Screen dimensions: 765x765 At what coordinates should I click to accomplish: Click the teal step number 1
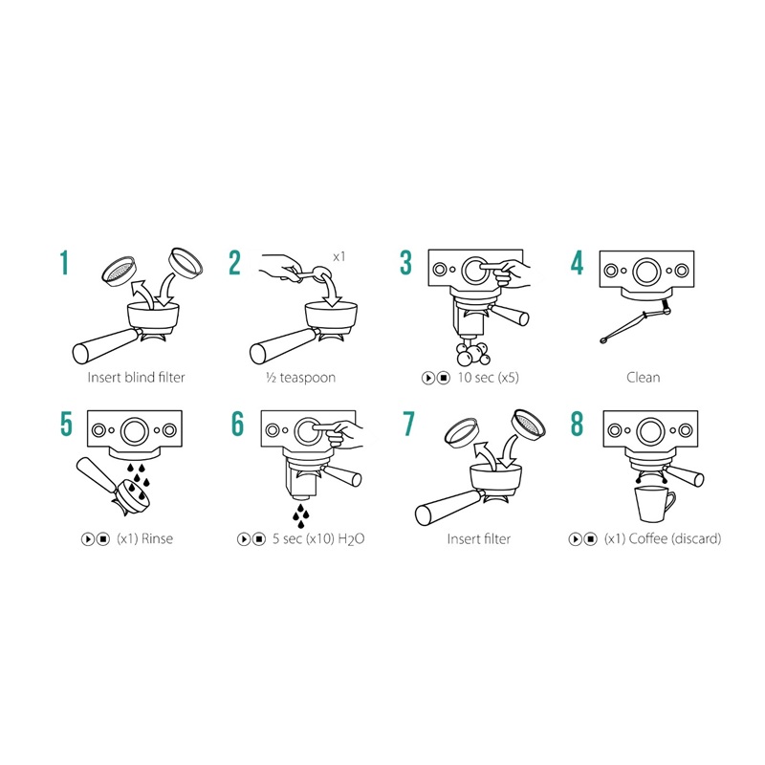pos(64,263)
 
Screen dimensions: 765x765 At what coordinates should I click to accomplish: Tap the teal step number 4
pos(578,263)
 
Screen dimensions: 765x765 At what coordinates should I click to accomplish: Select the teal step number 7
pos(408,424)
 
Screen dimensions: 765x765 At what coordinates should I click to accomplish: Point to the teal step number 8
pos(578,424)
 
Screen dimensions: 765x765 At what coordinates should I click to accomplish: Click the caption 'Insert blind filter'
pos(136,377)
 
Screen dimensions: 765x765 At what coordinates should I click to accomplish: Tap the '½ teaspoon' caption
pos(300,378)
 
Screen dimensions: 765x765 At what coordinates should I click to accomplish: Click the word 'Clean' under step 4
pos(643,377)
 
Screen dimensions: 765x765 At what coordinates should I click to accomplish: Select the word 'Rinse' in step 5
pos(157,538)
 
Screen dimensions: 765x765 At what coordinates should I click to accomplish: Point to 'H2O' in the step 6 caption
pos(351,539)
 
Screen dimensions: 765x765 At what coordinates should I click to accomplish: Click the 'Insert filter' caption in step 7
pos(479,538)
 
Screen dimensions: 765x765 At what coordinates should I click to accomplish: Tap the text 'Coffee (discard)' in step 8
pos(675,538)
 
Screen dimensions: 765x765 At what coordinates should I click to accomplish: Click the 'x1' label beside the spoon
pos(339,256)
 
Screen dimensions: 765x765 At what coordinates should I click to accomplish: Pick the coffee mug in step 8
pos(655,505)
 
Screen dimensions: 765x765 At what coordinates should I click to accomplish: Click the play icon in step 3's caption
pos(427,378)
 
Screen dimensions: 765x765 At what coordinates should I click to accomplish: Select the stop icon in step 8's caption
pos(590,539)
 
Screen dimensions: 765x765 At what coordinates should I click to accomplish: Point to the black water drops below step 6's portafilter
pos(300,516)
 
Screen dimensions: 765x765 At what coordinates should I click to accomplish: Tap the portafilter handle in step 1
pos(107,344)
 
